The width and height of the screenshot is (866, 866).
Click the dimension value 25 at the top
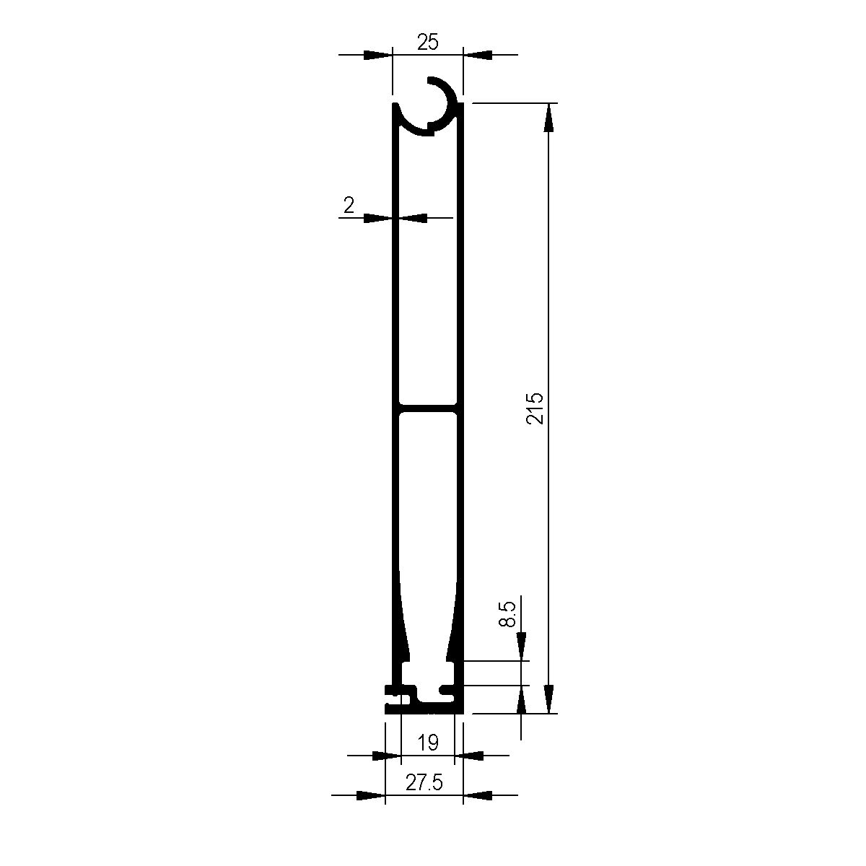point(428,42)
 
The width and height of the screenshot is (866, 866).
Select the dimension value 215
point(535,408)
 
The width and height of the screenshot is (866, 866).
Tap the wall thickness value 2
point(349,206)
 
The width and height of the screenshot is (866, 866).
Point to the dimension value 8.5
point(507,615)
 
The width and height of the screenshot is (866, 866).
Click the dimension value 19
point(428,743)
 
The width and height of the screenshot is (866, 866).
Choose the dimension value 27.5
point(424,783)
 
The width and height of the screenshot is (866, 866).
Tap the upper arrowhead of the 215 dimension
point(549,117)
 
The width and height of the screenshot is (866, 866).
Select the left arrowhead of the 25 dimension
point(377,55)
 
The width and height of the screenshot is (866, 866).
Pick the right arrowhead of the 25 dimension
point(477,55)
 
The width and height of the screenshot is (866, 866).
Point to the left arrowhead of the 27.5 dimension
point(372,795)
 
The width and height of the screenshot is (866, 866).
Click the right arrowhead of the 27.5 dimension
point(477,795)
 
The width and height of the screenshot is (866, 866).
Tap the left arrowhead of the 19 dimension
point(387,756)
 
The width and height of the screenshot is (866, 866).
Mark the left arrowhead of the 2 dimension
point(378,217)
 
